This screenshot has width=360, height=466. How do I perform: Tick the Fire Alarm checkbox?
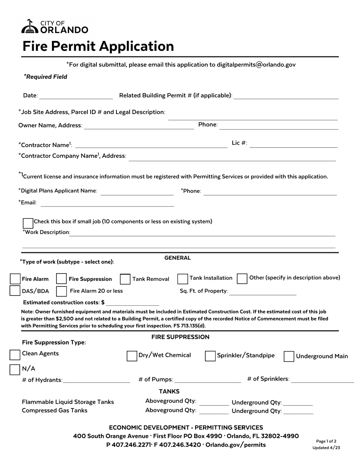[x=15, y=279]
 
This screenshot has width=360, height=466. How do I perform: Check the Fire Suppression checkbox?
[x=61, y=279]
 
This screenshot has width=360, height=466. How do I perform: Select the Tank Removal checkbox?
[x=125, y=279]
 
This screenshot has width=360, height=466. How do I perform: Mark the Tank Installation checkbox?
[x=183, y=279]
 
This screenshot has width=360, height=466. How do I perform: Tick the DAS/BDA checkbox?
[x=15, y=291]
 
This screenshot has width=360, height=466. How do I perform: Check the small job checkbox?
[x=28, y=223]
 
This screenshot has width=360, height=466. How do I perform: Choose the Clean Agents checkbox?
[x=15, y=355]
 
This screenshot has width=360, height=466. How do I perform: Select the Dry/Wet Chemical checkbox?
[x=132, y=356]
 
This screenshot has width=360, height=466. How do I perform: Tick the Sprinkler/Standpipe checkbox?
[x=210, y=356]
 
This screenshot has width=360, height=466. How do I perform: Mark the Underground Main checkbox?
[x=289, y=357]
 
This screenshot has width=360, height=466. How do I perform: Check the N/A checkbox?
[x=15, y=369]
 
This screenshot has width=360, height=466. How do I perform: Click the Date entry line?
[x=76, y=96]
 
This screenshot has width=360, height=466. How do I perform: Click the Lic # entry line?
[x=294, y=144]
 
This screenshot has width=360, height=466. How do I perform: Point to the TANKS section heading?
[x=169, y=391]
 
